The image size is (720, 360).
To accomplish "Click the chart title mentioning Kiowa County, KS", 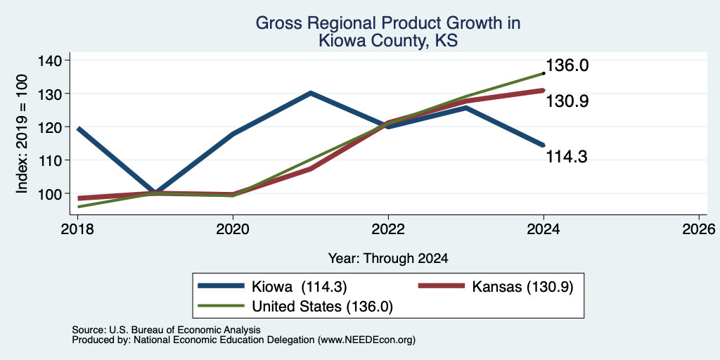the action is coord(387,31).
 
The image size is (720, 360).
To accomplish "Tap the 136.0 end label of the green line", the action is coord(567,65).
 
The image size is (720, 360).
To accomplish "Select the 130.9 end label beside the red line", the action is coord(567,101).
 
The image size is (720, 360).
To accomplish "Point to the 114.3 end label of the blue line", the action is coord(567,157).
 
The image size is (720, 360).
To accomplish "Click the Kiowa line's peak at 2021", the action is coord(310,94).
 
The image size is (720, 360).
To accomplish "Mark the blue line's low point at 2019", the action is coord(155,193).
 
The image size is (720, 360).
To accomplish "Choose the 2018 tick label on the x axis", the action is coord(77,229).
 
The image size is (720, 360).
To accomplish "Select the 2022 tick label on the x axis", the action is coord(388,229).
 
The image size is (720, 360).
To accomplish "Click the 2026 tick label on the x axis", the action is coord(699,229).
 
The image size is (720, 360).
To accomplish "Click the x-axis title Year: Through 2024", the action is coord(388,259).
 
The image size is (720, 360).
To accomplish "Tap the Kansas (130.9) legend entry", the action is coord(496,287).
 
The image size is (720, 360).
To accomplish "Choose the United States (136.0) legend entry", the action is coord(295,307).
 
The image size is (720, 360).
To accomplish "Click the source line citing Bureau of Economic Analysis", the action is coord(166,330).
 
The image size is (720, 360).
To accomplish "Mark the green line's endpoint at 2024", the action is coord(544,73).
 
